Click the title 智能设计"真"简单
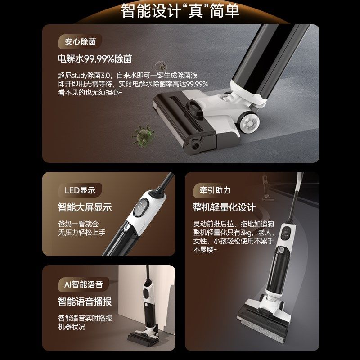180,11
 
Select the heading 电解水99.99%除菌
94,59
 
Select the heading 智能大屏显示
85,207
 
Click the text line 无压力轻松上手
81,233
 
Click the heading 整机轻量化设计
224,207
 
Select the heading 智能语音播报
85,301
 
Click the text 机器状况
72,327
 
